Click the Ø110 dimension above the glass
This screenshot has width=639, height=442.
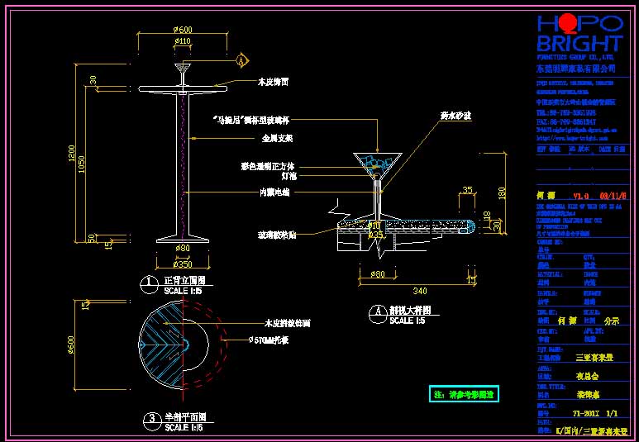click(x=182, y=41)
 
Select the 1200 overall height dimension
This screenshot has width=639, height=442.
click(x=72, y=154)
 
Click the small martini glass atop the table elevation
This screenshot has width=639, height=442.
click(x=182, y=69)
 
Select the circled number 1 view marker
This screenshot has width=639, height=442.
click(x=149, y=283)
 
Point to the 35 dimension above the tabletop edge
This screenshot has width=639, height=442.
click(x=467, y=190)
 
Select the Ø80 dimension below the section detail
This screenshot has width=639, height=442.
click(x=378, y=273)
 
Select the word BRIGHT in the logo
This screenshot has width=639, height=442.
click(x=579, y=44)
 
